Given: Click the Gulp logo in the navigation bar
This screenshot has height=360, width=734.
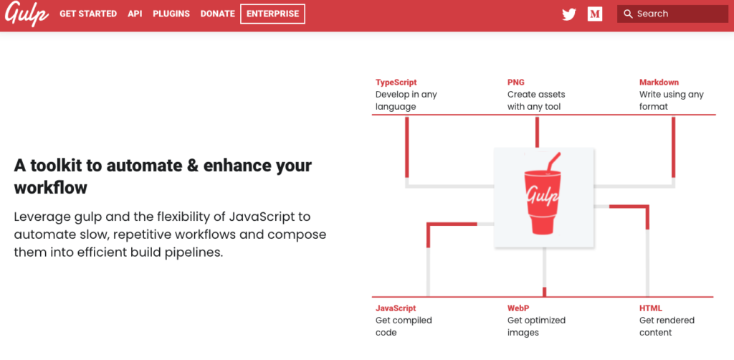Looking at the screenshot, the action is click(x=27, y=14).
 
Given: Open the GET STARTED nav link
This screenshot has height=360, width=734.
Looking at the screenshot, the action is click(x=88, y=14).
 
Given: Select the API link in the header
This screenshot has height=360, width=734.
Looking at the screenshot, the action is click(x=135, y=14).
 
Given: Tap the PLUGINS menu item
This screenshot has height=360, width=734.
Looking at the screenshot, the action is click(x=171, y=14).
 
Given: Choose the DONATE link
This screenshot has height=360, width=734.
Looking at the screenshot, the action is click(x=218, y=14).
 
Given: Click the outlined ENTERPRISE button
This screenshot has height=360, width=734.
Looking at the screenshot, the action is click(x=272, y=14).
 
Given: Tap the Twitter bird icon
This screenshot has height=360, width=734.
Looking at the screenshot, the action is click(x=569, y=14).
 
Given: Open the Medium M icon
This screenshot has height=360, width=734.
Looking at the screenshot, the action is click(x=595, y=14).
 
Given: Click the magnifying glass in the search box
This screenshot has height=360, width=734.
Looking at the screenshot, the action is click(x=628, y=14).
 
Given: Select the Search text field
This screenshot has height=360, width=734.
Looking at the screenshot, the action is click(x=672, y=14).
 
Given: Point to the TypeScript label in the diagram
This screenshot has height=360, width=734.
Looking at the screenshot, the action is click(x=396, y=82).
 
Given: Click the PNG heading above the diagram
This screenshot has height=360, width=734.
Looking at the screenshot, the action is click(x=516, y=82).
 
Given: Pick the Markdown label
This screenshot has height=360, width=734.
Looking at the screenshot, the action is click(x=659, y=82).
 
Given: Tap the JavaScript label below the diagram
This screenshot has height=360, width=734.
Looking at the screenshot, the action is click(x=396, y=308).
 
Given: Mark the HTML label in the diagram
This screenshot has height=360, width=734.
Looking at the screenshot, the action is click(x=651, y=308).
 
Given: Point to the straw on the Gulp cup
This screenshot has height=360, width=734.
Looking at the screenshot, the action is click(x=553, y=163).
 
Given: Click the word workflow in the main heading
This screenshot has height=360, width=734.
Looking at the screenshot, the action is click(x=51, y=188).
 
